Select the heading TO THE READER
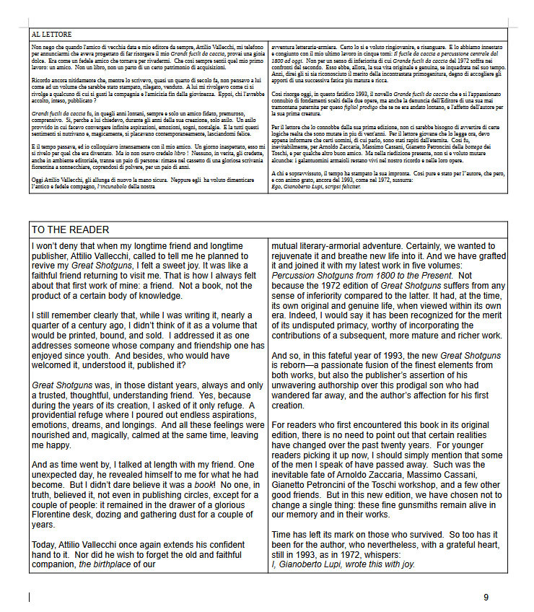(x=70, y=229)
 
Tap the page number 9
(x=486, y=597)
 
